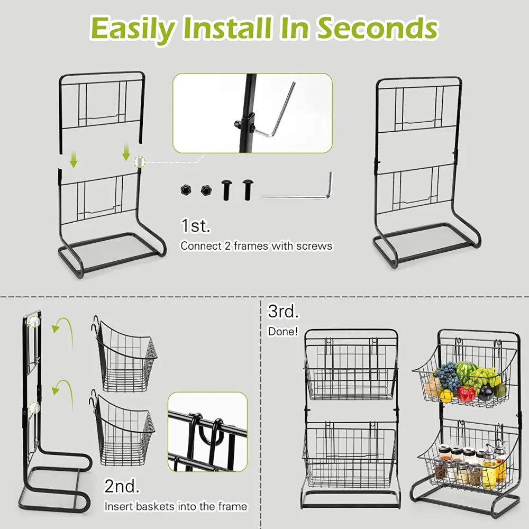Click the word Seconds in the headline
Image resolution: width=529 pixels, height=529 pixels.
click(377, 29)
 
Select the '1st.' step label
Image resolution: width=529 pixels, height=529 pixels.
click(195, 226)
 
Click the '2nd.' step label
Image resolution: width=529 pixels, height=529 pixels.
click(122, 486)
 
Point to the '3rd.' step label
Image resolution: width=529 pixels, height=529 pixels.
click(283, 311)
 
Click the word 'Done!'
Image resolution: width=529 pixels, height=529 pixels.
click(283, 332)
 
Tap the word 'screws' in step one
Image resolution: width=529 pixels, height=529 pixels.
click(314, 246)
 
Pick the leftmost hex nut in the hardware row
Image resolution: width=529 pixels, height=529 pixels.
click(185, 190)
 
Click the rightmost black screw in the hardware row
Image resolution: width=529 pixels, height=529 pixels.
click(248, 189)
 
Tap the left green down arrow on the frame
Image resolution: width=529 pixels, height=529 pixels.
click(74, 160)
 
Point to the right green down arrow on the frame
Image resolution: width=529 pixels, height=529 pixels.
click(126, 152)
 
